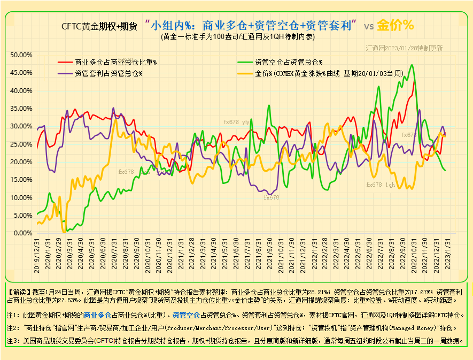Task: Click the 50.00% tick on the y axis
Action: [22, 55]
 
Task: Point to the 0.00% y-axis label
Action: [24, 233]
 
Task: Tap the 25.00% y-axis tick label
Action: [22, 144]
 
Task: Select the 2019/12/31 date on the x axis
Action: [37, 256]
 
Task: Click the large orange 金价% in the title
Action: [396, 25]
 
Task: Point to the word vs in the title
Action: [369, 26]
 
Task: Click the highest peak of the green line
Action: [412, 65]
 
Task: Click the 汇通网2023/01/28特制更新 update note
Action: [405, 48]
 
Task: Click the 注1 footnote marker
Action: [13, 315]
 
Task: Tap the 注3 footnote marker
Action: [13, 341]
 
